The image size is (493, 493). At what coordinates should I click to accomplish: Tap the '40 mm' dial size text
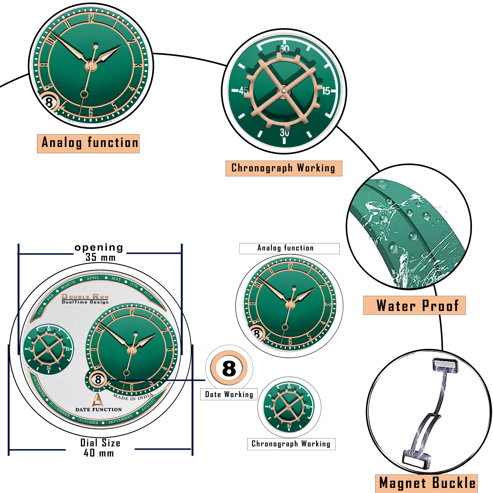pyautogui.click(x=99, y=453)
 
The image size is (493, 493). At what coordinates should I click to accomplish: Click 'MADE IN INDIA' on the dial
pyautogui.click(x=133, y=397)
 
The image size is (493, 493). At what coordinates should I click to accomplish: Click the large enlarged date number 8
pyautogui.click(x=229, y=368)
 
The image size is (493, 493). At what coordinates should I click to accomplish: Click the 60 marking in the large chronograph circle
pyautogui.click(x=284, y=49)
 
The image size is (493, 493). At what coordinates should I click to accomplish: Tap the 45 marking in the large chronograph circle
pyautogui.click(x=243, y=90)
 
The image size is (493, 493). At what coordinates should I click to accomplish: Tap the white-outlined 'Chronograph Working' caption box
pyautogui.click(x=291, y=444)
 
